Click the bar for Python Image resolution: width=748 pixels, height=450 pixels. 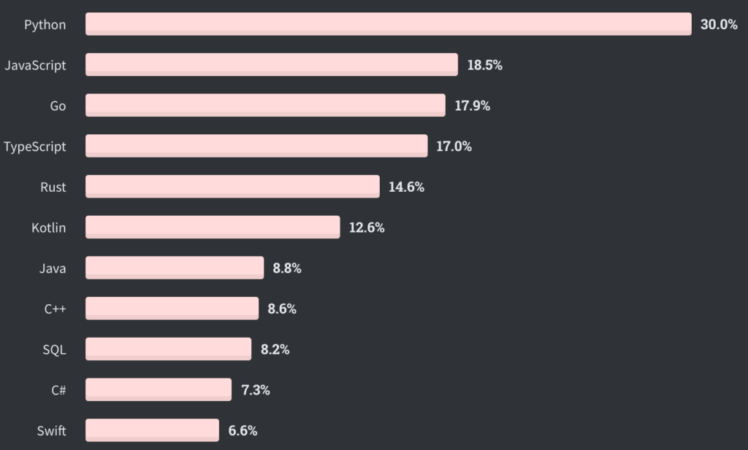[x=388, y=24]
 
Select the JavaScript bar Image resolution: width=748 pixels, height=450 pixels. [x=272, y=65]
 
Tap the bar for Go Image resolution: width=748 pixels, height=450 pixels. [x=265, y=106]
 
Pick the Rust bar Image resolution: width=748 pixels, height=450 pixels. [x=232, y=187]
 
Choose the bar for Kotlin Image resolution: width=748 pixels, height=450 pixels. [x=213, y=228]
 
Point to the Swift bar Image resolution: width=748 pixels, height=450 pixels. [x=152, y=430]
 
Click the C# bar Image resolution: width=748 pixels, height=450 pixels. [x=159, y=389]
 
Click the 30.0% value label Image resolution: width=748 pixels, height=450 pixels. [x=719, y=25]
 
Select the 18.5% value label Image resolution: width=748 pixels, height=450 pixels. [x=485, y=65]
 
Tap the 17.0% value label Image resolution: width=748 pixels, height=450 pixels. [x=454, y=147]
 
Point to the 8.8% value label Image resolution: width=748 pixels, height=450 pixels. [x=287, y=268]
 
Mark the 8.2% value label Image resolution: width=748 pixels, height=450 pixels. [x=275, y=349]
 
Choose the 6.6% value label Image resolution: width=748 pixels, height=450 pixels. [x=243, y=430]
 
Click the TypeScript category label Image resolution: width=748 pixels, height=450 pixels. [x=35, y=147]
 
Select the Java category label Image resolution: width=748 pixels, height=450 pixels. [x=53, y=268]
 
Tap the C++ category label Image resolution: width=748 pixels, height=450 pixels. [x=55, y=309]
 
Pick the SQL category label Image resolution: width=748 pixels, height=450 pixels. [x=54, y=349]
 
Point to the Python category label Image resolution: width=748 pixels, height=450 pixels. [x=45, y=25]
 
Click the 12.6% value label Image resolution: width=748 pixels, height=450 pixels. [x=367, y=228]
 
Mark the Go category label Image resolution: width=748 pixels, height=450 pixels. [x=58, y=106]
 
